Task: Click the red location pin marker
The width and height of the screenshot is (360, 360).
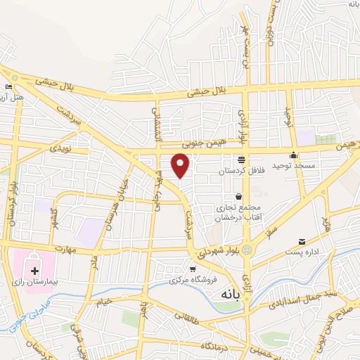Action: [x=181, y=165]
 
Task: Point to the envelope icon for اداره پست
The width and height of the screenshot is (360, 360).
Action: [x=302, y=241]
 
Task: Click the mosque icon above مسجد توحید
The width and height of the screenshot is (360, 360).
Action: [x=293, y=156]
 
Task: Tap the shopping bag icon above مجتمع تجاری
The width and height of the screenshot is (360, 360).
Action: [x=240, y=196]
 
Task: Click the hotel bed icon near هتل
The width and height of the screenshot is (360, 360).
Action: [x=8, y=86]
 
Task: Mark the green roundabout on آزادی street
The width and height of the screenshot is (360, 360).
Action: [x=247, y=250]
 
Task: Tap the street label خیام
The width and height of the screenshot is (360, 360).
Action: [x=103, y=302]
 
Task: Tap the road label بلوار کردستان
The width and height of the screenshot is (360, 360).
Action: [x=12, y=200]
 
